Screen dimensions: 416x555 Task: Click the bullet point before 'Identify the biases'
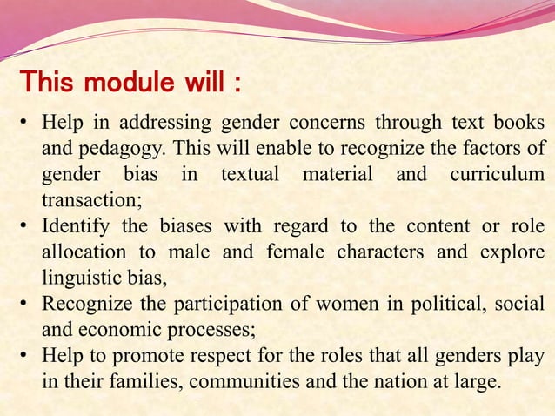tap(27, 226)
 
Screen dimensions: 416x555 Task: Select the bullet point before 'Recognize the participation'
tap(27, 305)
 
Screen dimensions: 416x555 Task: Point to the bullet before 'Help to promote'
tap(27, 357)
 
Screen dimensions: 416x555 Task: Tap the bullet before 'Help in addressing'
tap(27, 121)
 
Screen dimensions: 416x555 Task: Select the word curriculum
tap(497, 174)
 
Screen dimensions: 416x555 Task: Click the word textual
tap(250, 174)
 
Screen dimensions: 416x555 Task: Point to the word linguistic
tap(84, 278)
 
